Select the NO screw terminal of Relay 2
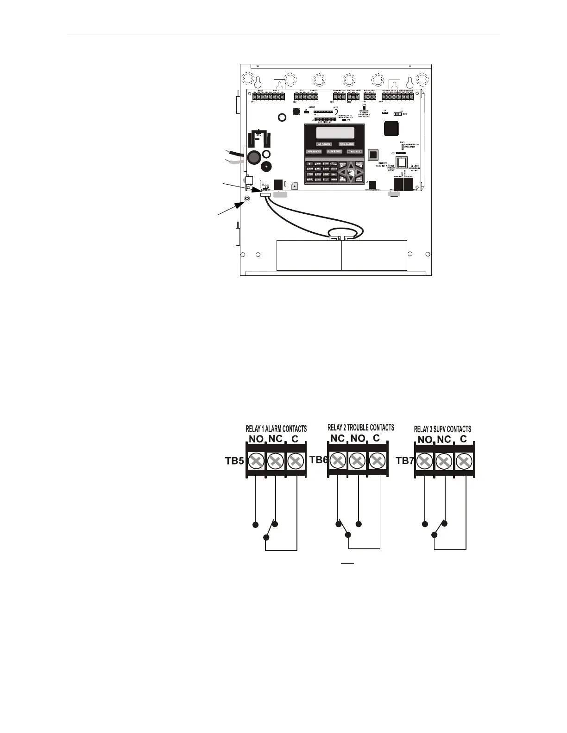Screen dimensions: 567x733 pos(357,460)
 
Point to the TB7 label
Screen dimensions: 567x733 pos(405,461)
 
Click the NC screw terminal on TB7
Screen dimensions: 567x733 pos(444,461)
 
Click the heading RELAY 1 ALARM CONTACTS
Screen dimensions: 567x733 pos(276,429)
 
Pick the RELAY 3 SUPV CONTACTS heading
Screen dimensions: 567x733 pos(442,429)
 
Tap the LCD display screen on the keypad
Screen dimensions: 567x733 pos(335,133)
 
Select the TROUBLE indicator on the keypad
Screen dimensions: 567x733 pos(354,151)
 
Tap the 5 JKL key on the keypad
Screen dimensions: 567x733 pos(318,169)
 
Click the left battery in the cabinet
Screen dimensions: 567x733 pos(309,255)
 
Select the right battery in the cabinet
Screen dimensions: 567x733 pos(374,255)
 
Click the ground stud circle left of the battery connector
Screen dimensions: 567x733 pos(247,199)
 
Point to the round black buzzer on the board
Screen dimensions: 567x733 pos(266,167)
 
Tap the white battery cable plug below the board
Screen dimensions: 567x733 pos(265,196)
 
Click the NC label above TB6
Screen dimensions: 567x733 pos(337,438)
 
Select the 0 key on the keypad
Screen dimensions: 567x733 pos(318,180)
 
